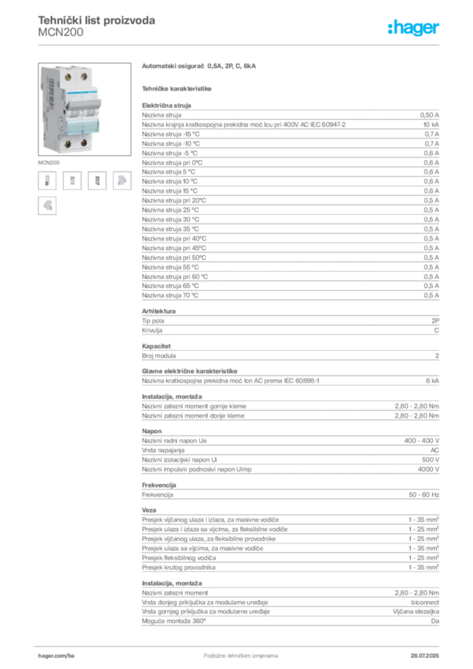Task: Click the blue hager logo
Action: (x=415, y=29)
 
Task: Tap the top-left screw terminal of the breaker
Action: (x=69, y=77)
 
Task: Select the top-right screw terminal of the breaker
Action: (x=84, y=76)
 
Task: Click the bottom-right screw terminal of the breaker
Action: (x=84, y=142)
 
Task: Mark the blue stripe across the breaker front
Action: (x=76, y=95)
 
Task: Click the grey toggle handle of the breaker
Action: (x=77, y=105)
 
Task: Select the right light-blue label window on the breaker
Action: (x=86, y=125)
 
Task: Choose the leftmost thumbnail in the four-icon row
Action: (x=46, y=180)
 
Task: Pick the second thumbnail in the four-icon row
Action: (x=73, y=180)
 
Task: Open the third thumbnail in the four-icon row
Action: (x=98, y=180)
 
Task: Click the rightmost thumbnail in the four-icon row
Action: (x=122, y=180)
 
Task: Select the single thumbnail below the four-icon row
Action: (x=46, y=206)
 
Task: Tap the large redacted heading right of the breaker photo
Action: (x=201, y=67)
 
